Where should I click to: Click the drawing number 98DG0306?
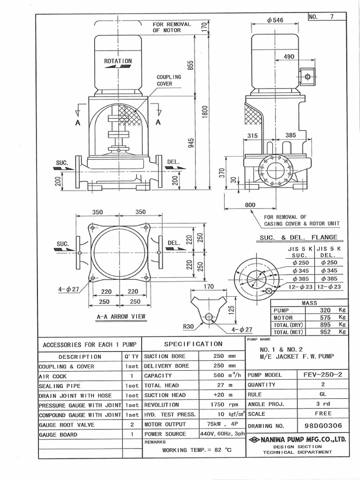322,426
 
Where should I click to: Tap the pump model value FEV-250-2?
323,375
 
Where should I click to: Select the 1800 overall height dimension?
205,111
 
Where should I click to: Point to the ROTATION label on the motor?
118,61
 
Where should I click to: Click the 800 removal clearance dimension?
250,205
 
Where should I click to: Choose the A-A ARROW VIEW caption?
121,317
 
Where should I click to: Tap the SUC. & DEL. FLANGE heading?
298,237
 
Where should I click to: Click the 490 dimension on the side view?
289,57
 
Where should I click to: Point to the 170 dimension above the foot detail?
209,286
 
